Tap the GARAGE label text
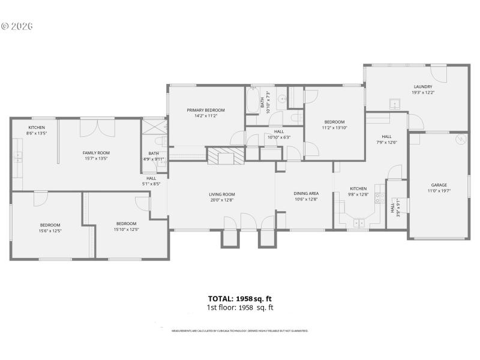439,185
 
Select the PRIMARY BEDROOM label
205,110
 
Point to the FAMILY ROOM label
96,153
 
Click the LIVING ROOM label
221,194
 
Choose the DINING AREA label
305,193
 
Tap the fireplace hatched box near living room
226,156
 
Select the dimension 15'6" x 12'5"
50,230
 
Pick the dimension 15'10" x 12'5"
126,229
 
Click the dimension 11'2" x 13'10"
334,127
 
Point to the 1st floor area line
240,307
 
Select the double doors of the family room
97,127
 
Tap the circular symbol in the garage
460,139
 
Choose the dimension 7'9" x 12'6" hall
386,142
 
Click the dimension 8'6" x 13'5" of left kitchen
37,133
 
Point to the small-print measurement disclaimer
240,331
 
